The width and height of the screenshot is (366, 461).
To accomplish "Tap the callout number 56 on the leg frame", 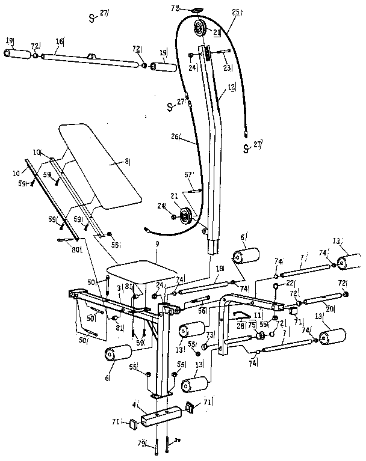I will [x=202, y=311].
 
